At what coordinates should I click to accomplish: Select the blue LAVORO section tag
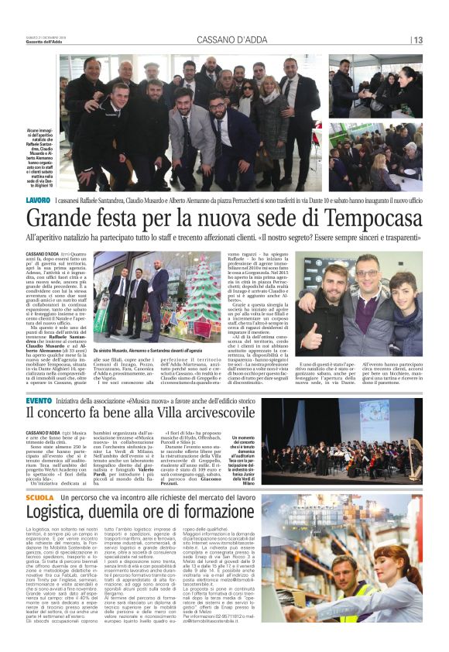[36, 201]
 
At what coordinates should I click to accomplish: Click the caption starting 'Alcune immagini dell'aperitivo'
[41, 155]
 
